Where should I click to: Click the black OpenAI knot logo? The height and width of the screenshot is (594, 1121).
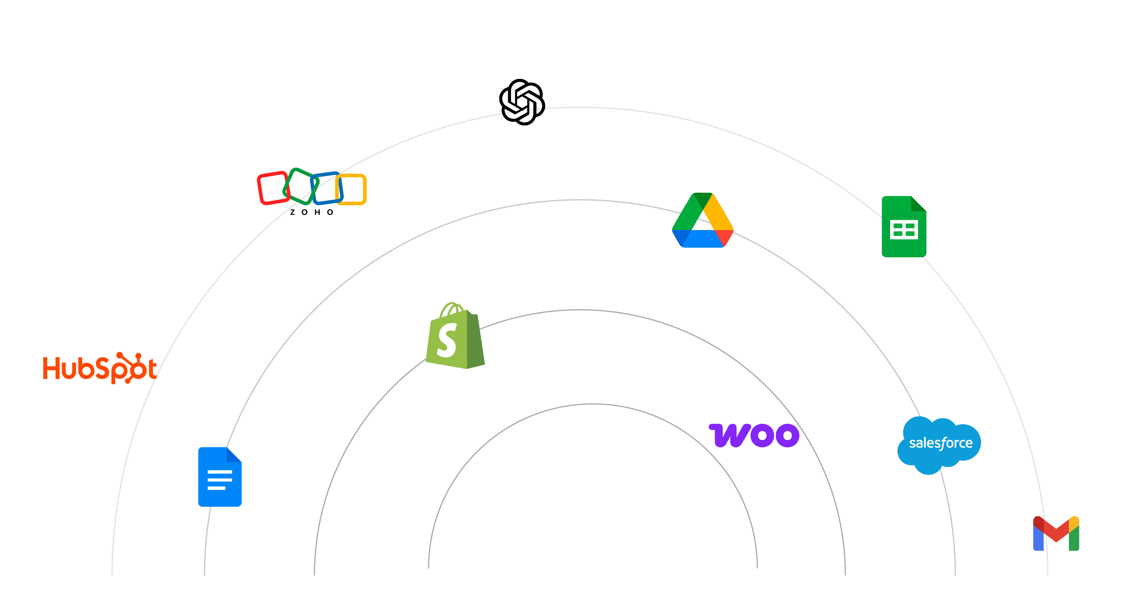[x=522, y=102]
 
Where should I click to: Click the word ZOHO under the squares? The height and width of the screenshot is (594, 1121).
[x=312, y=213]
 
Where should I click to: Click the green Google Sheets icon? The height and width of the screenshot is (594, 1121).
[x=904, y=227]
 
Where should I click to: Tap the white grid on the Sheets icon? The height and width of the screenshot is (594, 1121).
[x=904, y=230]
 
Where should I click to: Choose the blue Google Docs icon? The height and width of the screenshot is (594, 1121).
[x=220, y=477]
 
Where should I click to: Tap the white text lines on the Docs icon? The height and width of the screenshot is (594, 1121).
[x=219, y=480]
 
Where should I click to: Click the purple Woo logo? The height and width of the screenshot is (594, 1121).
[x=754, y=435]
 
